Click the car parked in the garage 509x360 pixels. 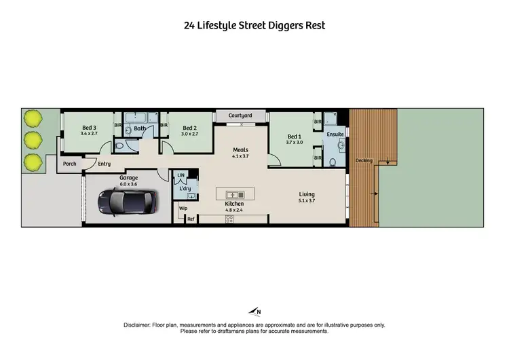click(x=128, y=200)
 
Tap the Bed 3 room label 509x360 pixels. click(x=90, y=128)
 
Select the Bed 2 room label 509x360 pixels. click(x=189, y=128)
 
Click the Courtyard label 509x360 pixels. click(x=240, y=115)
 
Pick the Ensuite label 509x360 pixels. click(x=335, y=135)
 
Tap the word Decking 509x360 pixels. click(x=364, y=160)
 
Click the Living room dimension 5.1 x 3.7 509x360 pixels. click(x=307, y=201)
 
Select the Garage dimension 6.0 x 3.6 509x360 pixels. click(x=129, y=183)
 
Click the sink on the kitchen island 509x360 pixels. click(x=231, y=194)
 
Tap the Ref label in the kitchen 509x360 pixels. click(x=191, y=219)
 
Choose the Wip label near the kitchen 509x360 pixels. click(x=183, y=208)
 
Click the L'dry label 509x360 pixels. click(x=185, y=188)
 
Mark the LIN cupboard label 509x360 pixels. click(x=181, y=175)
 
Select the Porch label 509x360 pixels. click(x=69, y=164)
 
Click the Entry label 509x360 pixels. click(x=104, y=164)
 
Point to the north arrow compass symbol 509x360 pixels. click(x=254, y=312)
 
